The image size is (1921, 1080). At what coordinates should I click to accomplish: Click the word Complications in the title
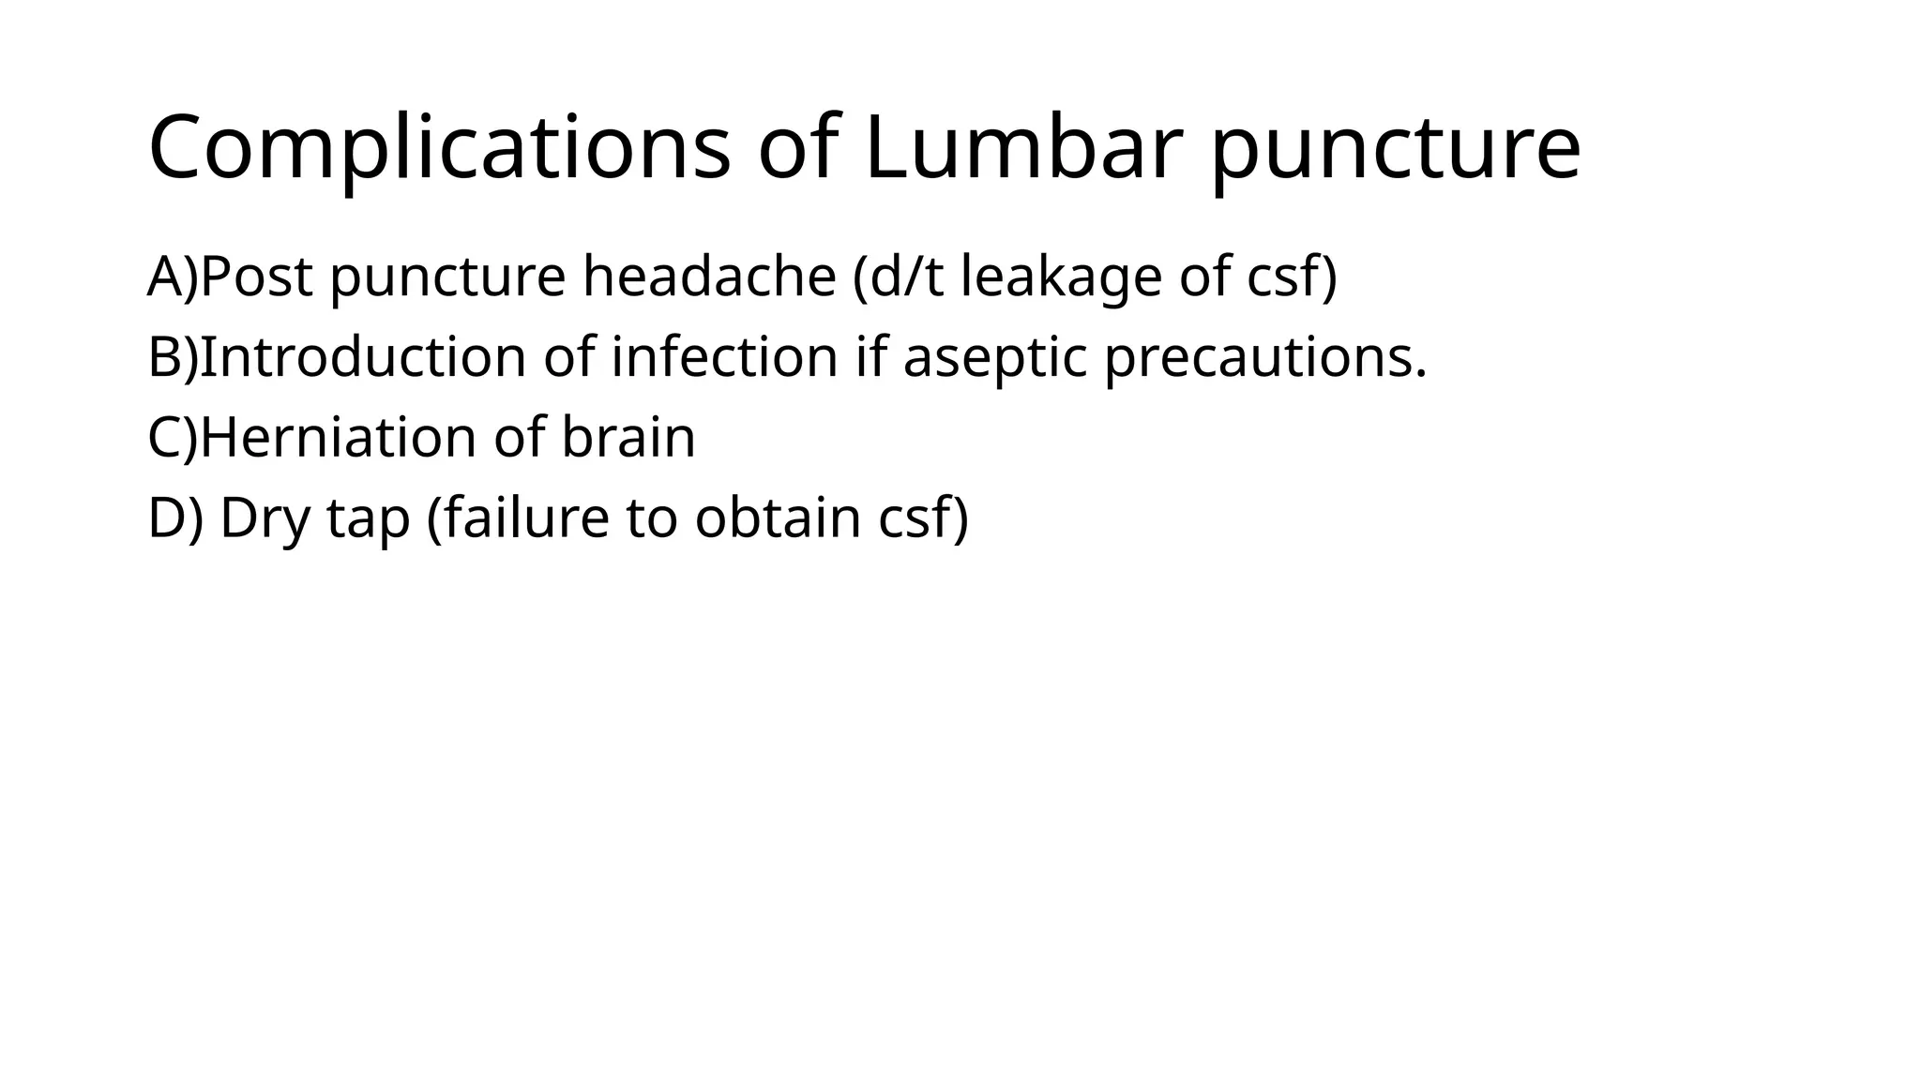point(439,148)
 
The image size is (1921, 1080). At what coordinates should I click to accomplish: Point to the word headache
point(709,277)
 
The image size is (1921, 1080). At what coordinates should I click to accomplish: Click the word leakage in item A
point(1060,278)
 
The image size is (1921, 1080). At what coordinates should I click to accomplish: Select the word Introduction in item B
point(363,357)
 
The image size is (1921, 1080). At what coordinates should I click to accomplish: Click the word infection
point(725,357)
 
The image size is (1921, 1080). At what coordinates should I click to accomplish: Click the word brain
point(628,438)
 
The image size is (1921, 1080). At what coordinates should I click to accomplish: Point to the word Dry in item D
point(265,518)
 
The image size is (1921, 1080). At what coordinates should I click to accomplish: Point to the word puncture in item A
point(448,278)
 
